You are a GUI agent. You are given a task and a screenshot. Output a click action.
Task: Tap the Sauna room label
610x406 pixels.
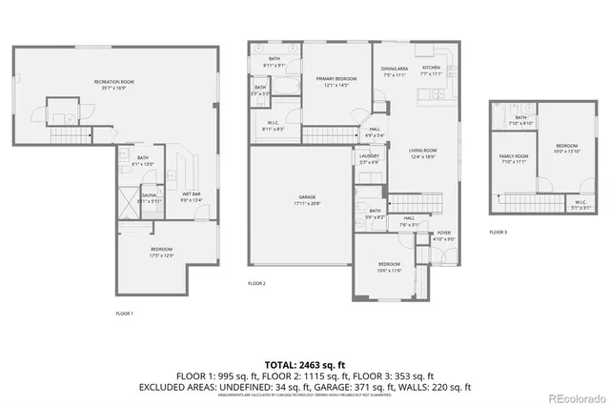click(x=149, y=195)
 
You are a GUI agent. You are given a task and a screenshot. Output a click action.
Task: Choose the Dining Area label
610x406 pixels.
click(x=395, y=70)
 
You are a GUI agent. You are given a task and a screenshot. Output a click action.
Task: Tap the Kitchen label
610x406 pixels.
click(x=432, y=70)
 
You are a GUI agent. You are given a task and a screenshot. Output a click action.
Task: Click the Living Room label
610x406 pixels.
click(x=422, y=153)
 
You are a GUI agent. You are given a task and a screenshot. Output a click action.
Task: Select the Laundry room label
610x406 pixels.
click(x=369, y=158)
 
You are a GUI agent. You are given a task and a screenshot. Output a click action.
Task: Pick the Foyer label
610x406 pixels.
click(x=444, y=234)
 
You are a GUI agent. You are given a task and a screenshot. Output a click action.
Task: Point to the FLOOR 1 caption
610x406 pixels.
click(x=125, y=314)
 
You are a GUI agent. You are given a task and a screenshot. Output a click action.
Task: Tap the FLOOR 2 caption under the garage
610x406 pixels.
click(x=256, y=284)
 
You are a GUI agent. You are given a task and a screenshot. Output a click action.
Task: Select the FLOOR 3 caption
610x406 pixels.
click(x=498, y=233)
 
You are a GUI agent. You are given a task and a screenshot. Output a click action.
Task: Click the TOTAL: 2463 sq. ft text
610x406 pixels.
click(x=305, y=365)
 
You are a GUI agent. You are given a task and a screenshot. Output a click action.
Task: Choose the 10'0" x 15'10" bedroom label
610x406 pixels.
click(x=567, y=148)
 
